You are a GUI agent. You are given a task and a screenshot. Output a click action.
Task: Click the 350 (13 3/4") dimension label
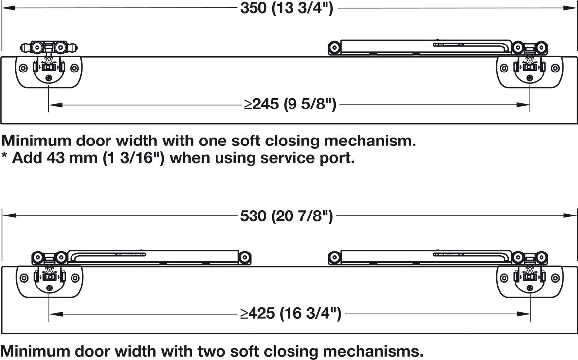pos(287,8)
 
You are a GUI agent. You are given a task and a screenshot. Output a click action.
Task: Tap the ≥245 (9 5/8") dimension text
pos(290,104)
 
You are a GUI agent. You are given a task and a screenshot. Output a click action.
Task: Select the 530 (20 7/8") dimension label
pos(287,216)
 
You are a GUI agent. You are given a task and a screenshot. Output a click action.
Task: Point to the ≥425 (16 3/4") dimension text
pos(290,314)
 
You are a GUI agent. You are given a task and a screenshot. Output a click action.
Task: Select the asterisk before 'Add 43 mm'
pos(4,156)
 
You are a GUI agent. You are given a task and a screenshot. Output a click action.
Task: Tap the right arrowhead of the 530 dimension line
pos(570,216)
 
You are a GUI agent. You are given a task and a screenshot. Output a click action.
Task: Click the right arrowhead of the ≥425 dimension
pos(523,314)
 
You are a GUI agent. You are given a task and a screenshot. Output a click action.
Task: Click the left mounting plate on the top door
pos(49,72)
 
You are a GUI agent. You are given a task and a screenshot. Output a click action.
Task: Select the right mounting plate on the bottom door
pos(530,282)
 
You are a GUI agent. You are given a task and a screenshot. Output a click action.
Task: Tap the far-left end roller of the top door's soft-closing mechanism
pos(334,48)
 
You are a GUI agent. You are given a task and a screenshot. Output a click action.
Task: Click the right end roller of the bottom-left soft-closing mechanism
pos(245,257)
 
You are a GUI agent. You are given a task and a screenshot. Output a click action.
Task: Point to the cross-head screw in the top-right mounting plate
pos(530,78)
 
